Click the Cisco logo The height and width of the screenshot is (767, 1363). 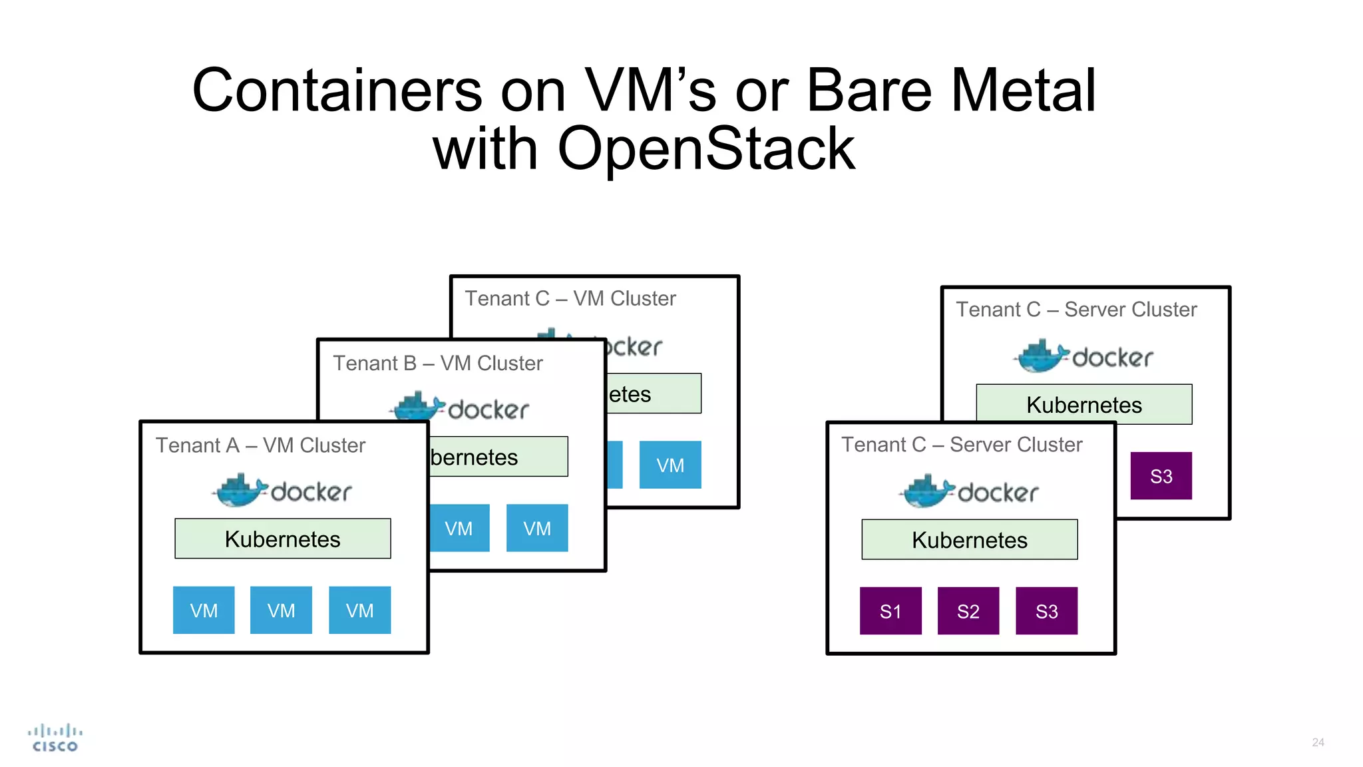55,738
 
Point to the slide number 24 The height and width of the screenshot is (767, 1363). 1318,742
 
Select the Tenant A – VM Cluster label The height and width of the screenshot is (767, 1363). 260,445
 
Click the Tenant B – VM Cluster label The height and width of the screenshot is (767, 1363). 438,364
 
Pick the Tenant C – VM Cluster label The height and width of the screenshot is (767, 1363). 570,299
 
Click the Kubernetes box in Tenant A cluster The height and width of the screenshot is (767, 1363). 282,539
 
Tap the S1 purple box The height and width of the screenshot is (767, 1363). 890,611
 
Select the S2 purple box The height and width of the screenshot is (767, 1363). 968,611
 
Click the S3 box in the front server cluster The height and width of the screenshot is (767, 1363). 1046,611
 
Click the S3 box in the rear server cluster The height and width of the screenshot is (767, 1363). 1161,476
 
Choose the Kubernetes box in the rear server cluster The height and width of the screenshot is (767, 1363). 1083,404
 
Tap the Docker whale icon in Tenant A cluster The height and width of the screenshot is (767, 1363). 240,491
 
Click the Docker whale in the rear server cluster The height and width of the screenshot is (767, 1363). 1042,356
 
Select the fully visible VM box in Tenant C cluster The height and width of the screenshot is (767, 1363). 670,465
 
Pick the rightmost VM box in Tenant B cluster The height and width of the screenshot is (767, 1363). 537,528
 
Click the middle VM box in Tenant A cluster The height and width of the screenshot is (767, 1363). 281,610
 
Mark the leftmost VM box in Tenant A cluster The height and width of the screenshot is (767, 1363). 204,610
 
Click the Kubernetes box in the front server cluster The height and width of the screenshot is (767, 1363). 969,539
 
